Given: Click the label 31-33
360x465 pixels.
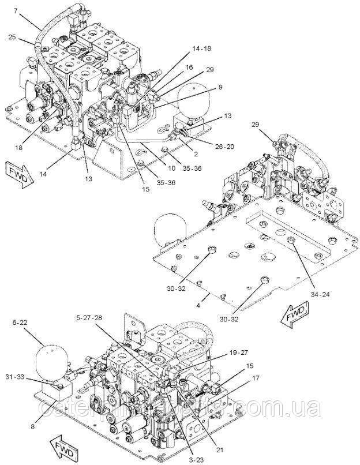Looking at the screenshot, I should point(27,377).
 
